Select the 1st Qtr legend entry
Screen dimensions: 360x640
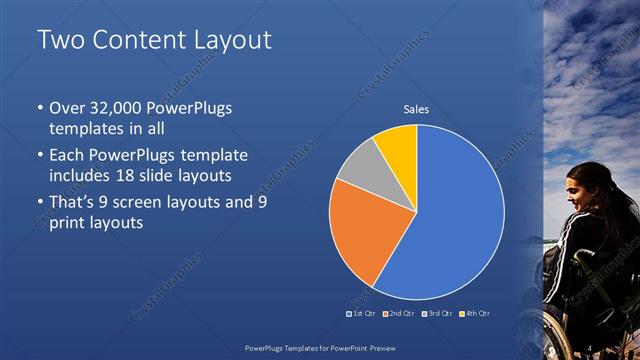[362, 314]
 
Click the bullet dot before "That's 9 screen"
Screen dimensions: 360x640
[39, 201]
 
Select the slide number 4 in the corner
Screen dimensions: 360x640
[592, 346]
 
